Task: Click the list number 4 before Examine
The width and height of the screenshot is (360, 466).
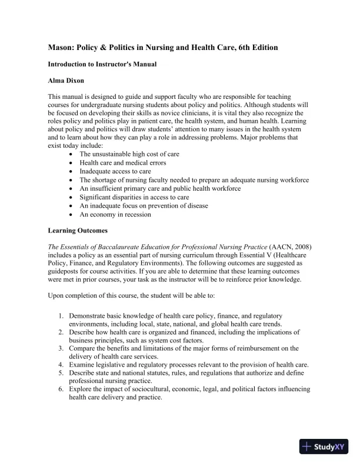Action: tap(61, 365)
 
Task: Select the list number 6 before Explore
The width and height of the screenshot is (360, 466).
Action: tap(61, 390)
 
